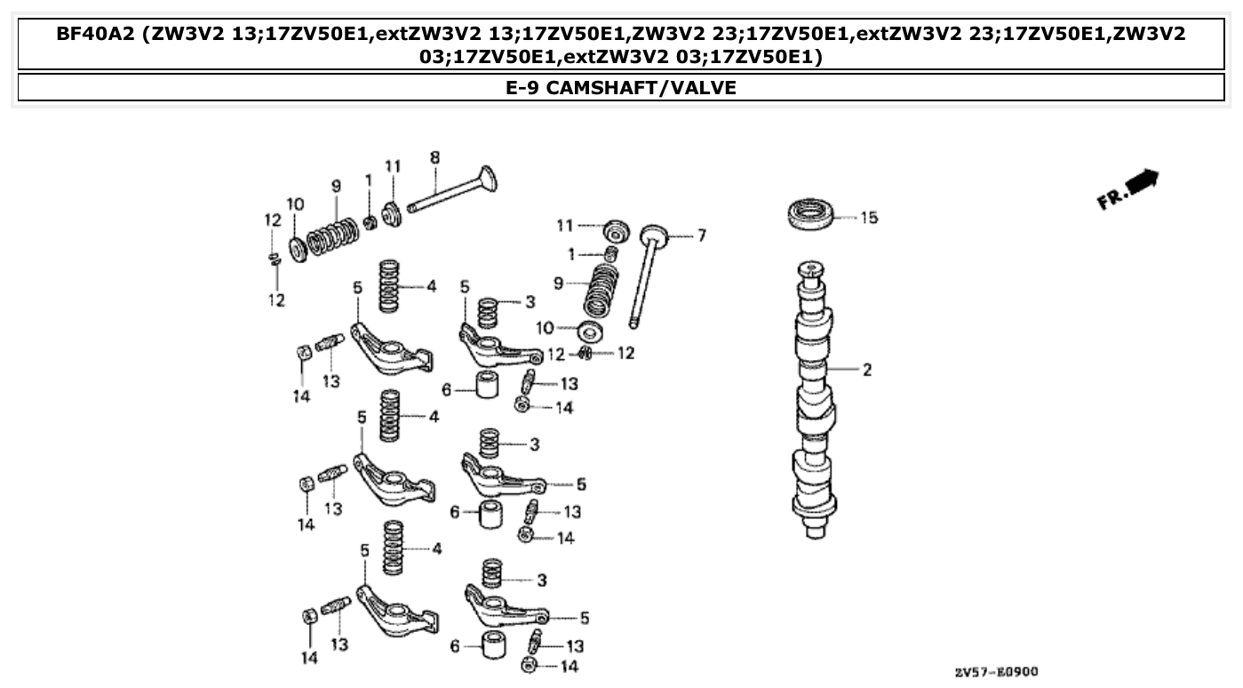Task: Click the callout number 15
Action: click(868, 217)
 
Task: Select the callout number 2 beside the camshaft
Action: click(866, 370)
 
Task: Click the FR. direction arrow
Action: click(1128, 188)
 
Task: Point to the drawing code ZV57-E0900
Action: click(995, 672)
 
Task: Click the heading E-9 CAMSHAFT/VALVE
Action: click(621, 88)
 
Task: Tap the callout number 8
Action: click(434, 157)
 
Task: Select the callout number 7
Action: click(701, 236)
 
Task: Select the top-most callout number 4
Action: click(432, 286)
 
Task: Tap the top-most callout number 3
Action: click(530, 302)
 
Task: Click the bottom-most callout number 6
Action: click(455, 646)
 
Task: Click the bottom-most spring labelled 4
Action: click(392, 549)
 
